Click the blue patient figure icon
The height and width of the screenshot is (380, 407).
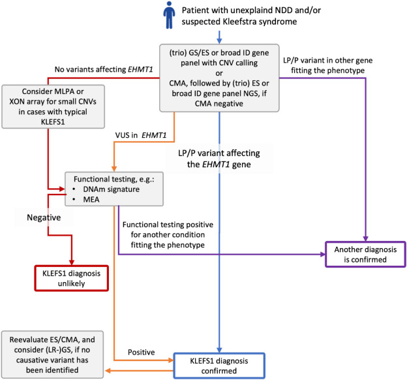click(x=169, y=15)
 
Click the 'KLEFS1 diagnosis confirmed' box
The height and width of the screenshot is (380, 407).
click(x=219, y=366)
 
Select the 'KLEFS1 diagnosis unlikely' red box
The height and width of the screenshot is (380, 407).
click(x=71, y=278)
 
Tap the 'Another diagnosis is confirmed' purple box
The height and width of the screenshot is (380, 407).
click(x=365, y=255)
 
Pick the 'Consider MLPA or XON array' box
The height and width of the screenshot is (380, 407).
click(x=53, y=106)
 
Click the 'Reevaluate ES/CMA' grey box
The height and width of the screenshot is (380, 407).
click(x=52, y=355)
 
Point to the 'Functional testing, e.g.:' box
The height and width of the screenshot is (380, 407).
click(x=114, y=189)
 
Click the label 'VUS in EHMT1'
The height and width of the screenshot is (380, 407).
click(x=141, y=135)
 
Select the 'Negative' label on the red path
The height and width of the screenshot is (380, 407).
click(x=44, y=217)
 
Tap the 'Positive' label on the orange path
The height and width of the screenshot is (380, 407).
click(x=141, y=352)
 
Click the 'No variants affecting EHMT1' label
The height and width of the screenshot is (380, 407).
click(x=104, y=69)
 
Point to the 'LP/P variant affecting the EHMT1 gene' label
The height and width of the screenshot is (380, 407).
click(x=219, y=159)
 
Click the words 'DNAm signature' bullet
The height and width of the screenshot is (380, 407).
click(x=111, y=189)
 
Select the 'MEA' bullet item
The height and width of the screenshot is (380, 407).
click(x=91, y=200)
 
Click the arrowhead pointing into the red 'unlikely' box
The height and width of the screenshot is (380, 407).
click(x=72, y=262)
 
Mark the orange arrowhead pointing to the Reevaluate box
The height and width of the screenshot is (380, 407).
click(x=108, y=371)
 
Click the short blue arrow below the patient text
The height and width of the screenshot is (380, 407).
click(x=219, y=37)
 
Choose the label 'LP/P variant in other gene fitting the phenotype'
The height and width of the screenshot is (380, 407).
click(x=328, y=65)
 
